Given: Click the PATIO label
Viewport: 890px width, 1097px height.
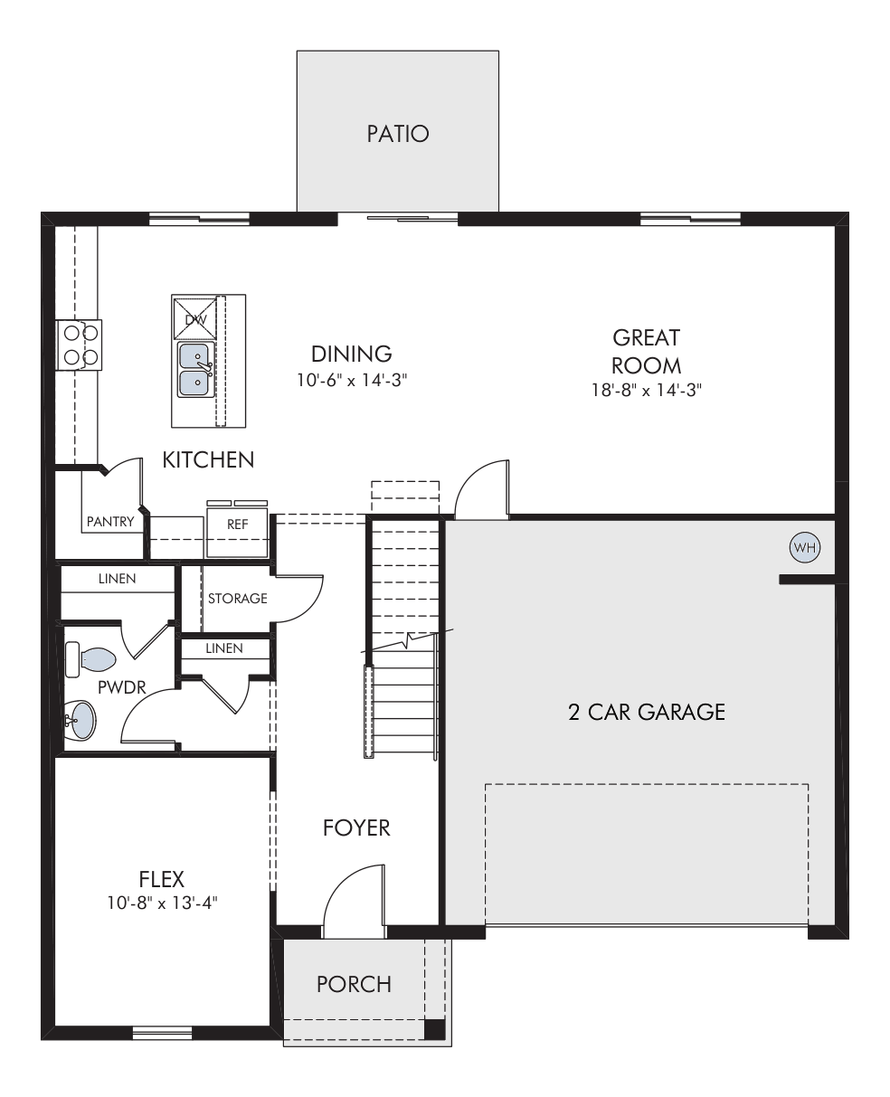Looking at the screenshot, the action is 398,134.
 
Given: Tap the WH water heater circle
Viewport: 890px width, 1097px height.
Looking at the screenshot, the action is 804,547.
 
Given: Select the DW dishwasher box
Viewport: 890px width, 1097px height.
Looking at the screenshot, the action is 194,319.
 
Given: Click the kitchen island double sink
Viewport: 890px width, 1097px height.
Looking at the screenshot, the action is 196,370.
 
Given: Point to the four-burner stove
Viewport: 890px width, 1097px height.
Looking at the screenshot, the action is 79,345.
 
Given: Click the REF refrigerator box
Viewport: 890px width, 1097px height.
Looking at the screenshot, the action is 237,532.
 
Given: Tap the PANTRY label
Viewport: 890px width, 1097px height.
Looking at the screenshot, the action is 110,522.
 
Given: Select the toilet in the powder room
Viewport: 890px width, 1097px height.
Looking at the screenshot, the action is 90,659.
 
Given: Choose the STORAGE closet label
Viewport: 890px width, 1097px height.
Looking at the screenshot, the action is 238,598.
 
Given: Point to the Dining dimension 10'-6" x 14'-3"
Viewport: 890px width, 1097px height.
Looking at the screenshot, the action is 352,380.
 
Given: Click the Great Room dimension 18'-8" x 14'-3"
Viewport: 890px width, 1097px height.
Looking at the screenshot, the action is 647,390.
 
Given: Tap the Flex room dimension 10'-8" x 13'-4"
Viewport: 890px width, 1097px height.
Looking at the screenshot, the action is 162,903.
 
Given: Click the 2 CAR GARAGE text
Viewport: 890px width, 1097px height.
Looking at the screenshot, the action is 647,713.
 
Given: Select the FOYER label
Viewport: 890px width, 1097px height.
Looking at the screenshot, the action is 356,827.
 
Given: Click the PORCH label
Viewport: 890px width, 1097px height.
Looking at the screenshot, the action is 354,984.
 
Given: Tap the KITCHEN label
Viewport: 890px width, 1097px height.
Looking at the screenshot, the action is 208,460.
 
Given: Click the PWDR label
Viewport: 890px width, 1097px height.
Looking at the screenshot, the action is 121,687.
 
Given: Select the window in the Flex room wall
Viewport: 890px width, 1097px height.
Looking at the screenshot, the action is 162,1032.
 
